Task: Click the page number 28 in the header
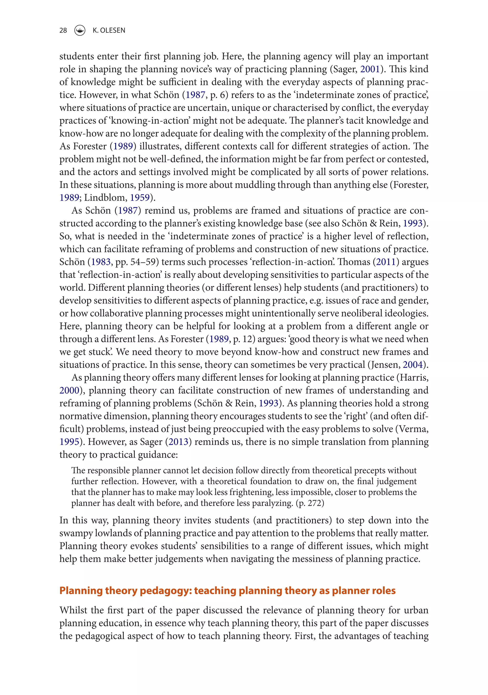click(63, 30)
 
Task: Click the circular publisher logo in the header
click(80, 30)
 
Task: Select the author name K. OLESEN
click(109, 30)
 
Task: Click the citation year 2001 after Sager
click(370, 69)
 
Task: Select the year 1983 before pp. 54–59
click(101, 262)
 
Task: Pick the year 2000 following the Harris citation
click(69, 391)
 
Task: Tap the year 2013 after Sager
click(178, 442)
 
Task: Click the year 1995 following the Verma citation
click(69, 442)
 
